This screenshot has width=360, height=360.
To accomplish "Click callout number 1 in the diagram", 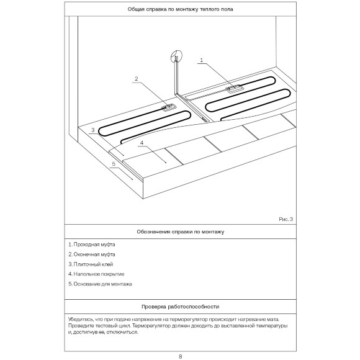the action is pos(202,60).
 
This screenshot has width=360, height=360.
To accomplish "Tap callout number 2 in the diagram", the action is pos(137,79).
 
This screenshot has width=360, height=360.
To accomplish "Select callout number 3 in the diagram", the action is pos(92,130).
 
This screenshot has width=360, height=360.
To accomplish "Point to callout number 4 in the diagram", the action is pos(142,143).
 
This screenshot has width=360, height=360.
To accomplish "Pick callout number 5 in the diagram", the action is pos(114,164).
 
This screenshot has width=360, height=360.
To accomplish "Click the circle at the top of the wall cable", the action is pos(176,56).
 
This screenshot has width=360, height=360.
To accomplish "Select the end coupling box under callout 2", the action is pos(169,107).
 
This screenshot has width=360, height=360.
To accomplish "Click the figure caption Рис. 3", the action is pos(286,219).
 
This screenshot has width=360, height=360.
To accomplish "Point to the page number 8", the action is pos(180,356).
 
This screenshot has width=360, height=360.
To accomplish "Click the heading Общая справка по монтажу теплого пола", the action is pos(180,9).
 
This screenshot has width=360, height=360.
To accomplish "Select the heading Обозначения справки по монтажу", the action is pos(181,232).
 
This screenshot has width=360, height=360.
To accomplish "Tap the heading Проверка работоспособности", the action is pos(180,307).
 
